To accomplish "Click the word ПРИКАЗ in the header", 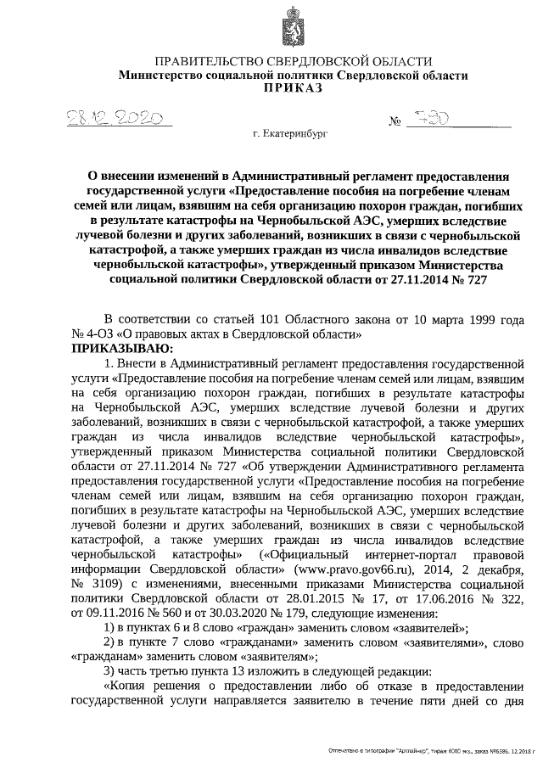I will point(293,87).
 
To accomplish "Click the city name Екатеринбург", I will point(294,134).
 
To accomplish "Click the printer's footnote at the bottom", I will point(423,752).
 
